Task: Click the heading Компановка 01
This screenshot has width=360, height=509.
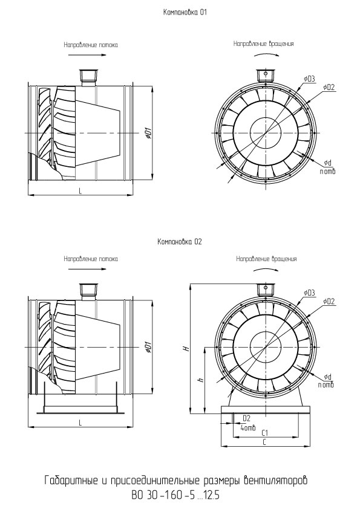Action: coord(185,13)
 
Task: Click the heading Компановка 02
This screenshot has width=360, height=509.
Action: coord(179,242)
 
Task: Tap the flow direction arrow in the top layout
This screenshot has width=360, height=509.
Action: coord(88,55)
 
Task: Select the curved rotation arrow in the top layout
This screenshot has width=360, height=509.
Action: coord(266,54)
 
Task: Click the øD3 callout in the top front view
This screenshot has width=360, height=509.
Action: coord(310,79)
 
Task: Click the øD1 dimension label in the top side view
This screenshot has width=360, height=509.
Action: coord(148,132)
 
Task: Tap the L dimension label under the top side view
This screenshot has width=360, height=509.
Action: coord(80,191)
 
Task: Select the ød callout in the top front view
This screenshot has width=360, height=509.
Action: coord(327,162)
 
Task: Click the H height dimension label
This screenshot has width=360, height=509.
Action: coord(186,348)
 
